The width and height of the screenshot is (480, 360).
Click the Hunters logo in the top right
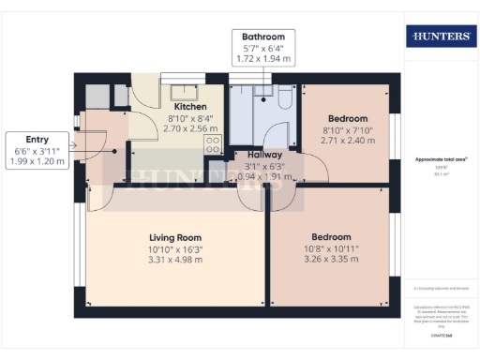click(441, 37)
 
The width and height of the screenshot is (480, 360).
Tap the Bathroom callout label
click(263, 37)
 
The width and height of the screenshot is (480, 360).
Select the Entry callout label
click(37, 139)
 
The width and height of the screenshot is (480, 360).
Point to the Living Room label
click(175, 237)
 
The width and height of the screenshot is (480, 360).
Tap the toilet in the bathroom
click(284, 97)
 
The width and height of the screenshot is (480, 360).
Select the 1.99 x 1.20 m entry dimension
click(37, 161)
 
